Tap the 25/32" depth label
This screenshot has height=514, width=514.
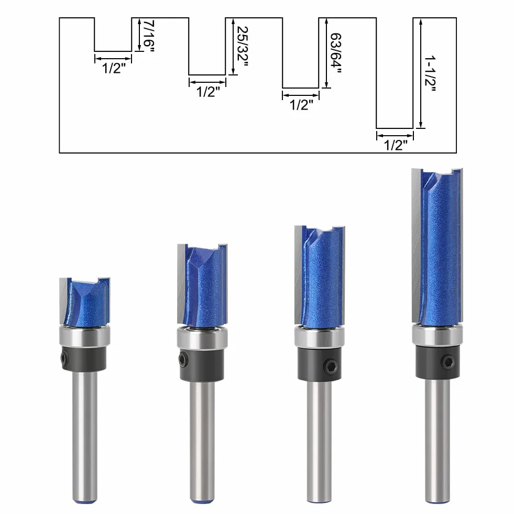[x=242, y=46]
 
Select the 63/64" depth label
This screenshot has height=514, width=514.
[x=336, y=53]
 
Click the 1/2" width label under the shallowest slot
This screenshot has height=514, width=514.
[x=114, y=68]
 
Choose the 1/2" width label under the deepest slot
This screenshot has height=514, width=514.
[x=396, y=145]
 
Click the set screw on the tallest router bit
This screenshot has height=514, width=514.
[x=447, y=362]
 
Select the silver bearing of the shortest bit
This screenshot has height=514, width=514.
[x=84, y=336]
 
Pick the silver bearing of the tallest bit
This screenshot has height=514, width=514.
[x=438, y=335]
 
